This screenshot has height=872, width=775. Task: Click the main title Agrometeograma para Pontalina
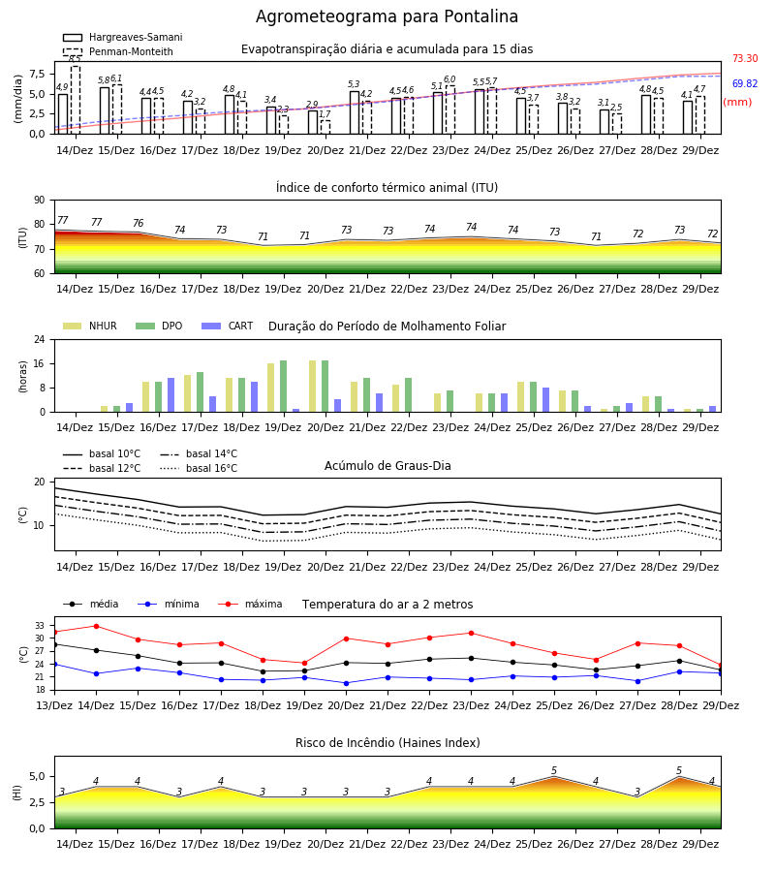click(387, 16)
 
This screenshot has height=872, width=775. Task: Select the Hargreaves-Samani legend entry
click(122, 37)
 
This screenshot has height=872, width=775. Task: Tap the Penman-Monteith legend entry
click(118, 51)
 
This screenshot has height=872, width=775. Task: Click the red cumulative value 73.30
click(745, 58)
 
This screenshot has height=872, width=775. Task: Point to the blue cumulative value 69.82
click(745, 84)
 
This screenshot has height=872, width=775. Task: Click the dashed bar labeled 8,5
click(75, 100)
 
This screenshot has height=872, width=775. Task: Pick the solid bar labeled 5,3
click(355, 113)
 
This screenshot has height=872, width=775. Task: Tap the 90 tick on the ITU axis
click(40, 201)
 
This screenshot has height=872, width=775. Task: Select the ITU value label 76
click(138, 223)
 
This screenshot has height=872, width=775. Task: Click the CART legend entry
click(228, 326)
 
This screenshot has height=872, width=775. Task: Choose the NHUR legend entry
click(90, 326)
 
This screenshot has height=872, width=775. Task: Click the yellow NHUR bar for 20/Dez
click(313, 387)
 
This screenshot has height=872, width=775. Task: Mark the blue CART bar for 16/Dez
click(170, 395)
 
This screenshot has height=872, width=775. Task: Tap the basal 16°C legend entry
click(199, 469)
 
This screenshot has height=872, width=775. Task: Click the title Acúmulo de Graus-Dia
click(387, 466)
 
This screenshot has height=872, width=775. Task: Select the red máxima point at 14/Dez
click(96, 626)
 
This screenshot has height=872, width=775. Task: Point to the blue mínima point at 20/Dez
click(347, 683)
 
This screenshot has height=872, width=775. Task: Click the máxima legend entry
click(250, 604)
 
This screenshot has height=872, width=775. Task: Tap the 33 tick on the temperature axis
click(40, 626)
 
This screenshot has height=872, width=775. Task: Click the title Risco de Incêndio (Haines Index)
click(387, 743)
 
